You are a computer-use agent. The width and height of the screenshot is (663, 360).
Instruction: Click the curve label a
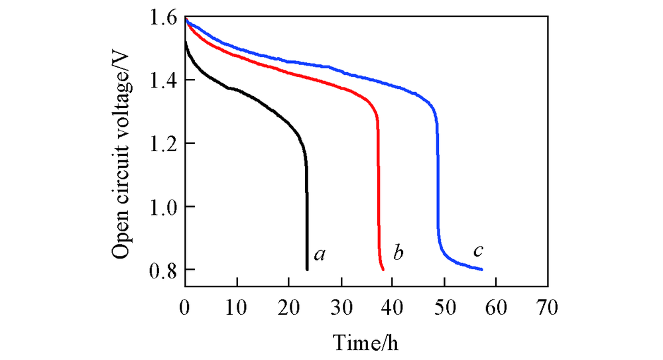tap(319, 253)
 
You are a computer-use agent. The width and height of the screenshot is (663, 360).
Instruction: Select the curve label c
tap(477, 251)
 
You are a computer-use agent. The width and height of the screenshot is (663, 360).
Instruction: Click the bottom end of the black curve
tap(307, 269)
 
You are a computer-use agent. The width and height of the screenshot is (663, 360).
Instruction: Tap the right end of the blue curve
tap(482, 270)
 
